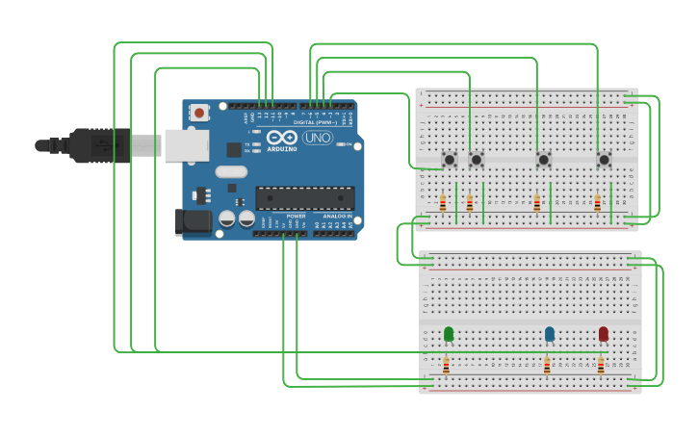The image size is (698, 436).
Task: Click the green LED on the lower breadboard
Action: point(449,334)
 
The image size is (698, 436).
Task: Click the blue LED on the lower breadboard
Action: point(550,334)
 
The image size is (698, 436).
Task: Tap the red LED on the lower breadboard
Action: point(604,334)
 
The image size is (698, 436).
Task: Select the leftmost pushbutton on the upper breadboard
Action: point(449,159)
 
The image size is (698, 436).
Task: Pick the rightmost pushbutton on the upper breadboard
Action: point(605,159)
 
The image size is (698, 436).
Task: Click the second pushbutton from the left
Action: point(476,159)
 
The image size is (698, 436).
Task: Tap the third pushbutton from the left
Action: point(543,159)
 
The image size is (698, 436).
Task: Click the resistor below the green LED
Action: point(446,366)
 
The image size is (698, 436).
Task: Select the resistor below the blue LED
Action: point(547,366)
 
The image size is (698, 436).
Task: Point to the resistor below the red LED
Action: point(601,366)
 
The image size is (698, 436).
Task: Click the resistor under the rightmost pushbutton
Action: point(597,203)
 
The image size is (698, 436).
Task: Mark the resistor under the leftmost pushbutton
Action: point(443,203)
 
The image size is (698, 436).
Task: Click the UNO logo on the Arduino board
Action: point(317,138)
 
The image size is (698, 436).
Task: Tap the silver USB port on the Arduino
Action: point(187,145)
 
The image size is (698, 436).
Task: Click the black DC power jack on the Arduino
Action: point(194,222)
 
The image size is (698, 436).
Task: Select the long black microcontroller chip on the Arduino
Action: point(304,198)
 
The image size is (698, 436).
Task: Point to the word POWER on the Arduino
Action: point(297,217)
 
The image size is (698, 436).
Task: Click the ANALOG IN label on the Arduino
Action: point(337,217)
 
